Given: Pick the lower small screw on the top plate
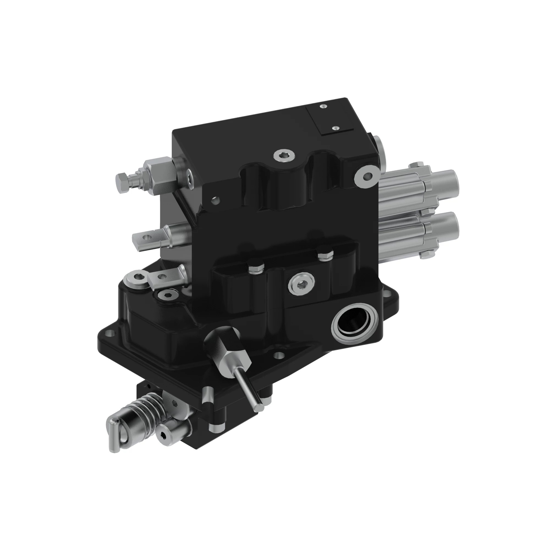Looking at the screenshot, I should pyautogui.click(x=336, y=128).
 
